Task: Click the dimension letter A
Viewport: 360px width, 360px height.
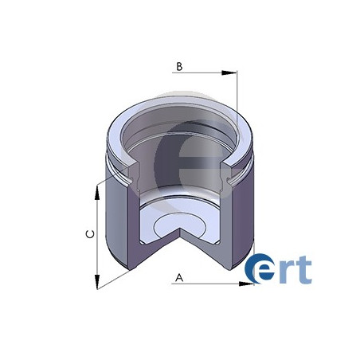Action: point(180,278)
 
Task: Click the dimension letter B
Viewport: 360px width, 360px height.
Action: point(180,67)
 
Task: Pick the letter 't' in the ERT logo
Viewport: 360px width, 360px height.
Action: point(303,268)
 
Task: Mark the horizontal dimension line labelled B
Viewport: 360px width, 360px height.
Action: point(203,73)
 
